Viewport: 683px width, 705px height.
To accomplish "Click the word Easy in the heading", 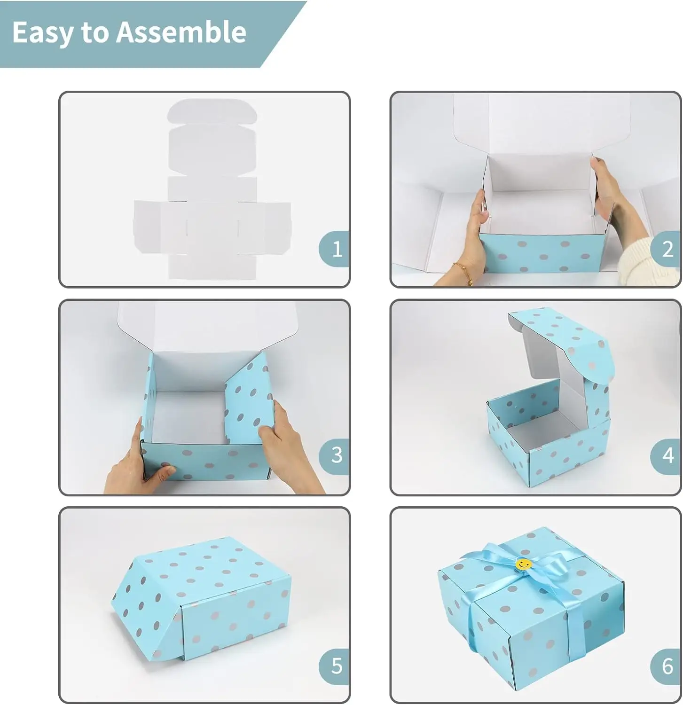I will [43, 33].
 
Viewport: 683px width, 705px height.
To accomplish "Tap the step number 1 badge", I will [336, 249].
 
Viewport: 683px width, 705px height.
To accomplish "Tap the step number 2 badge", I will [667, 249].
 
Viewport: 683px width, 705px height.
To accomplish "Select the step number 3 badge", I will [336, 455].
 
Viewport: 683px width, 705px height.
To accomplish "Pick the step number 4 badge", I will [667, 455].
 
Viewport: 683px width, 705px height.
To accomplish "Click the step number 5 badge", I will [336, 666].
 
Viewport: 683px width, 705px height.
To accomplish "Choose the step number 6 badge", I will [667, 666].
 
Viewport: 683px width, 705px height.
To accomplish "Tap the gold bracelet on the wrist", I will [463, 273].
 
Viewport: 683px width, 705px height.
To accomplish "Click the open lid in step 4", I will [559, 348].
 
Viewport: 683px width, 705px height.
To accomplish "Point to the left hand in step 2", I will [472, 235].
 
